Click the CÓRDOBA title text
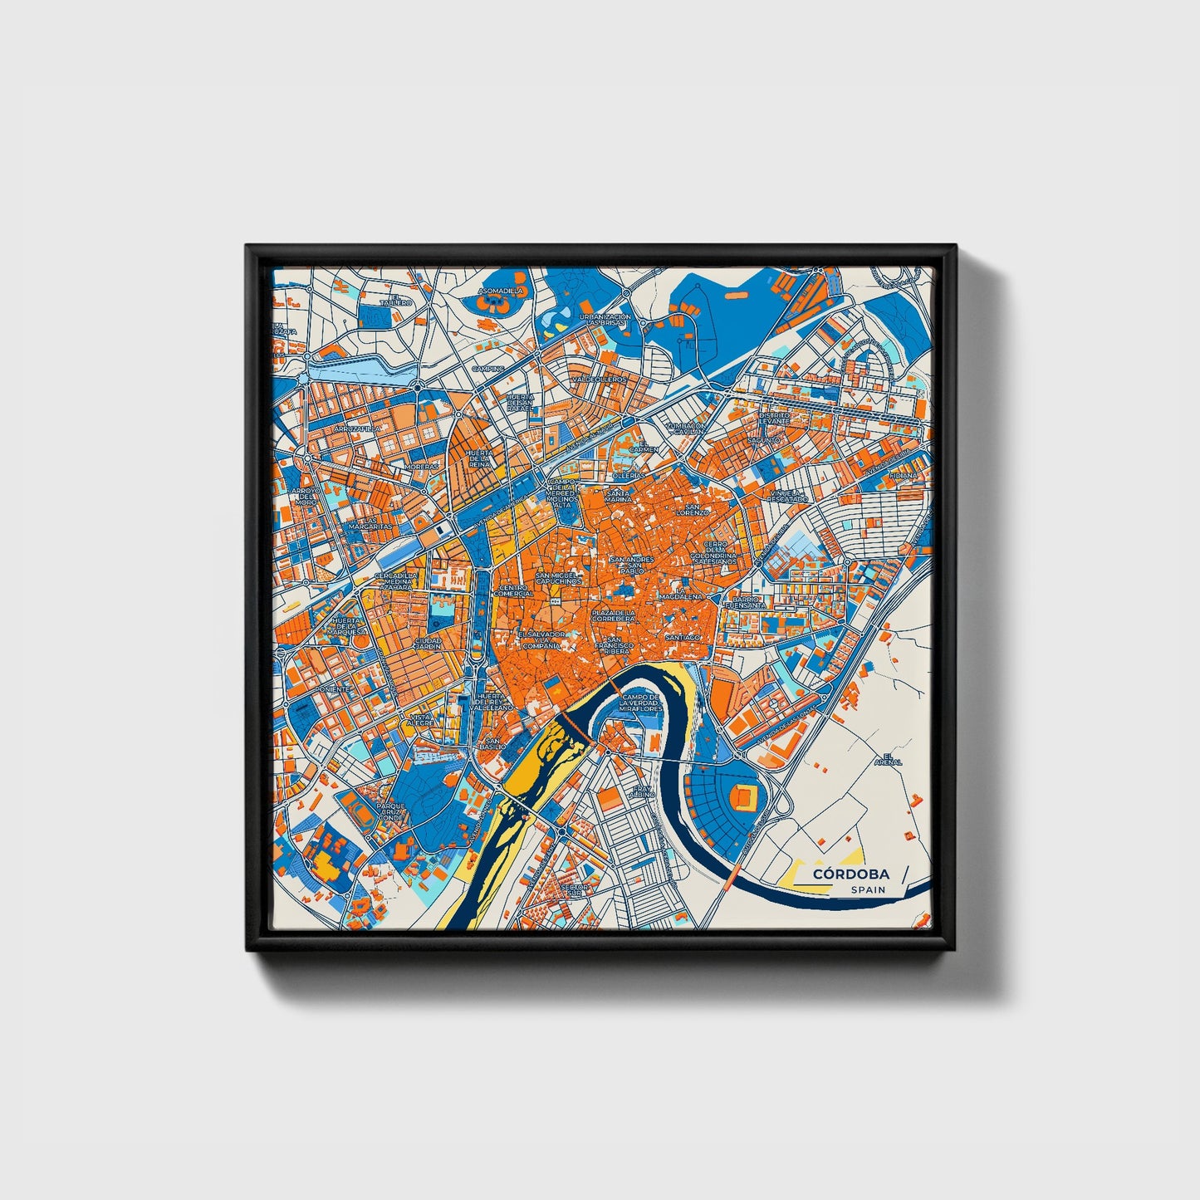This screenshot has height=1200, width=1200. (851, 874)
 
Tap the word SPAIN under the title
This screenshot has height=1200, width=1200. (867, 889)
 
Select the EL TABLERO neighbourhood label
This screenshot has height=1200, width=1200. (396, 300)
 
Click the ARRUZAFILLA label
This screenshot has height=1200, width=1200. (355, 429)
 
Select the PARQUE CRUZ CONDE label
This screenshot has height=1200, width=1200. (390, 811)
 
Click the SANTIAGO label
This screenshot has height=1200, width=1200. (683, 637)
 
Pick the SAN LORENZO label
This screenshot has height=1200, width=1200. (691, 509)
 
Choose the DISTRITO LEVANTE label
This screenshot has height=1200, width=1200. (774, 418)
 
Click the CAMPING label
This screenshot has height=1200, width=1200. (488, 368)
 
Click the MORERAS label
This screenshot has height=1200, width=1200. (421, 467)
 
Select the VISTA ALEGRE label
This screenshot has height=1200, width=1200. (421, 719)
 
